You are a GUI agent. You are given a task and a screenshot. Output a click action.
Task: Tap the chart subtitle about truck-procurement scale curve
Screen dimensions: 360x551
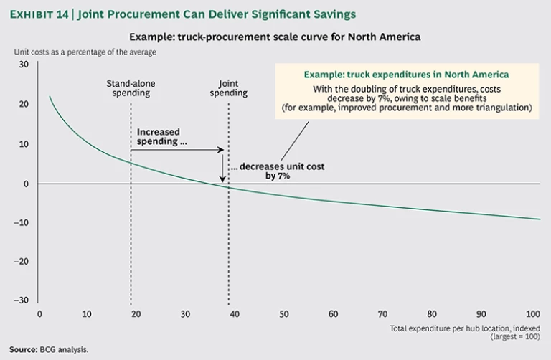tap(275, 36)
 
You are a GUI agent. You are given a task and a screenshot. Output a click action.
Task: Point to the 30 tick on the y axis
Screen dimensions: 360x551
tap(24, 65)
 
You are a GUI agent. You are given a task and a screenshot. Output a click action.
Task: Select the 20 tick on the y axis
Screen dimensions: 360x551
tap(24, 104)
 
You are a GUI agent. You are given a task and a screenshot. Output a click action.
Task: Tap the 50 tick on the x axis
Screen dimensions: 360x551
tap(285, 314)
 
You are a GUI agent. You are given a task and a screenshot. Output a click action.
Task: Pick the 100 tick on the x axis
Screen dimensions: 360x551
tap(532, 314)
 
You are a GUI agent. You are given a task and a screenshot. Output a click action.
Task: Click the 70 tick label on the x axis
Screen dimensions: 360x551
tap(382, 314)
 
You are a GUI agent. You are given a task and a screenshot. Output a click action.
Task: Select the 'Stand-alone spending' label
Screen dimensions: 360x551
tap(131, 88)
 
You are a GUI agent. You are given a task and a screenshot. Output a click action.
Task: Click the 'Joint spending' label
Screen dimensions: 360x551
tap(228, 88)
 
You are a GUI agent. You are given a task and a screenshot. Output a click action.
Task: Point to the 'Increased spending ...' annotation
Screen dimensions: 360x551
tap(159, 136)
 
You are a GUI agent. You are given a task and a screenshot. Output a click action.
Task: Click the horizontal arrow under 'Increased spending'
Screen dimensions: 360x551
tap(179, 150)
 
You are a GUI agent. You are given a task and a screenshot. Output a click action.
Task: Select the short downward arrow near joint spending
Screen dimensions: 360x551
tap(222, 165)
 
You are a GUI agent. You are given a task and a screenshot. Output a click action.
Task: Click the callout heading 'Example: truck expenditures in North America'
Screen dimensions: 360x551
tap(406, 75)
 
